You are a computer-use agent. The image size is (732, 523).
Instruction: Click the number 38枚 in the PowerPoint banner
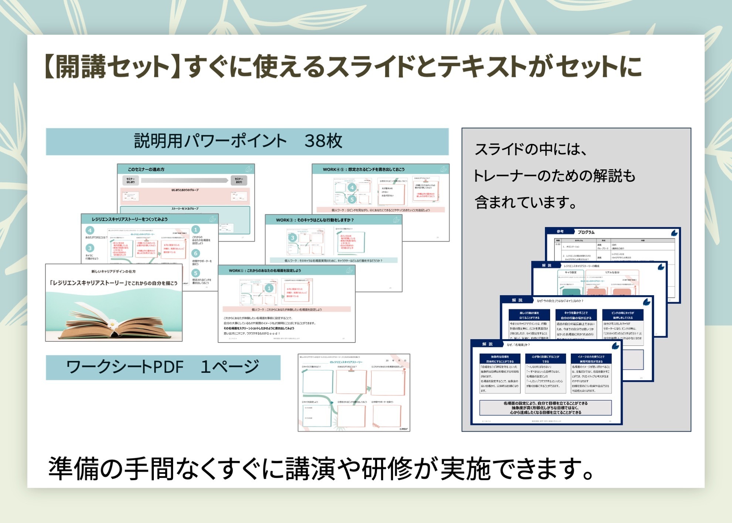pos(323,141)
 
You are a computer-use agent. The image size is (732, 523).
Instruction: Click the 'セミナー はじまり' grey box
pos(131,180)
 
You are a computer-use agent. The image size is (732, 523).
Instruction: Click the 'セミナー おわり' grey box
pos(239,180)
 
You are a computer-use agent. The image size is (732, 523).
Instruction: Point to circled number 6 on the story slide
pos(196,253)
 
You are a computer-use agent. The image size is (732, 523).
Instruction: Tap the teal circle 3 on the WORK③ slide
pos(292,237)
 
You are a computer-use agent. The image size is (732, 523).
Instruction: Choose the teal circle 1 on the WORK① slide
pos(269,288)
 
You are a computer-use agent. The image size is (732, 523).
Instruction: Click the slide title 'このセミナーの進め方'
pos(146,169)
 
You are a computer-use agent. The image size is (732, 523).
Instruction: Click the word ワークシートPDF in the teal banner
pos(125,367)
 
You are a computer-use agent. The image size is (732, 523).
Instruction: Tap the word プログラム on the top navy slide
pos(586,232)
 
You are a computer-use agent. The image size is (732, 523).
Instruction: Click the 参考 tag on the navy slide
pos(560,232)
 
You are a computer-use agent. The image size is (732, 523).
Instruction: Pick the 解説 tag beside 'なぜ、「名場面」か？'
pos(487,344)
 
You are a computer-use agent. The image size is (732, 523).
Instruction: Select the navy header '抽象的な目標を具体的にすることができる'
pos(500,359)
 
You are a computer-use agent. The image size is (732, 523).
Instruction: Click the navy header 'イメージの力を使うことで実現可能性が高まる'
pos(591,359)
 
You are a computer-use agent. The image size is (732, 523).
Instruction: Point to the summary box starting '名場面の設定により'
pos(545,408)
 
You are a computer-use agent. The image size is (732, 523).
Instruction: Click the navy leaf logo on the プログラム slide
pos(674,233)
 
